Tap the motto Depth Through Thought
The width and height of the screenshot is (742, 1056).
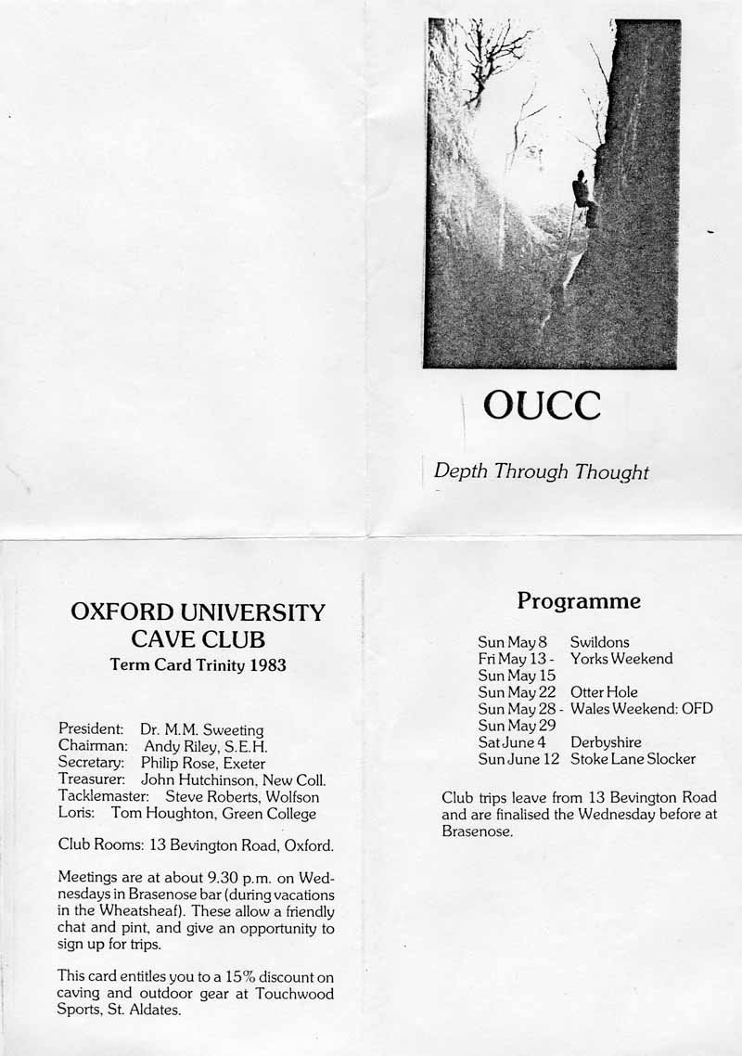point(542,471)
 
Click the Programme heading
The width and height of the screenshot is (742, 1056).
point(579,601)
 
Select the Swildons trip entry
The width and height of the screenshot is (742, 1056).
point(599,642)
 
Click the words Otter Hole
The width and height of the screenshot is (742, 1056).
point(604,692)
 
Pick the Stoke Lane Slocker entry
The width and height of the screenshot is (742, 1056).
point(633,759)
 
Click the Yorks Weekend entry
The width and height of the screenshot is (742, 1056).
point(621,659)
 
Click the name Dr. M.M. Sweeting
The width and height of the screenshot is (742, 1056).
point(202,730)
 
